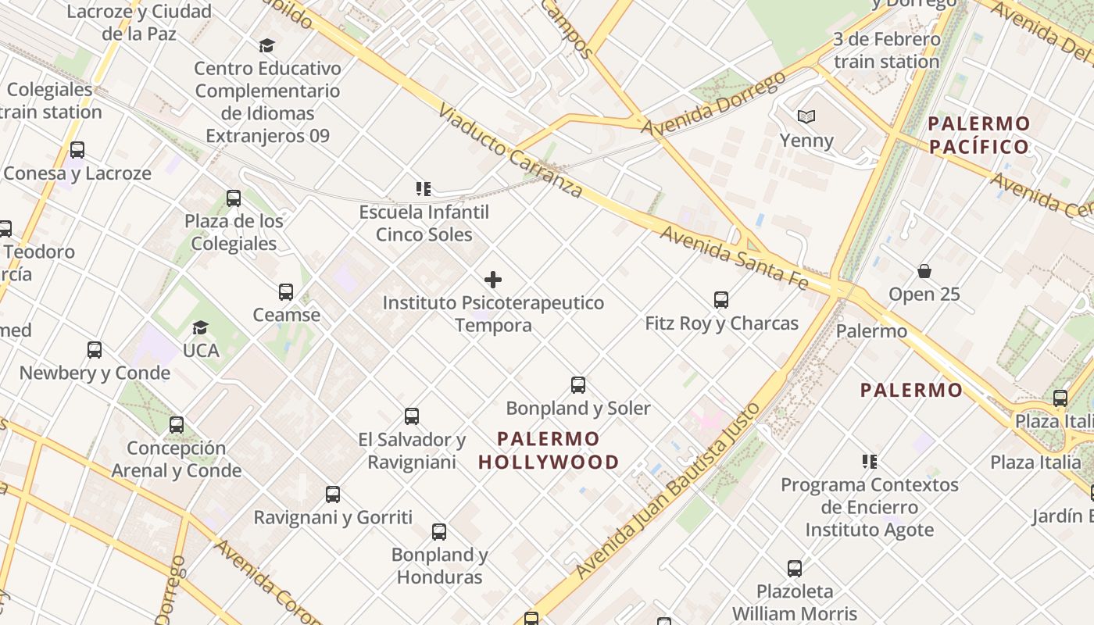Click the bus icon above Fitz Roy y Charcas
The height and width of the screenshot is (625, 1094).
coord(720,299)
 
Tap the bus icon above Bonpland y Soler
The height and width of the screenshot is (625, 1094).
coord(577,384)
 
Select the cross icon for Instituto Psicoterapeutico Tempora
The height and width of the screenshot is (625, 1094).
coord(493,279)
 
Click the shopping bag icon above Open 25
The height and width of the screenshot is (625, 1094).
coord(924,271)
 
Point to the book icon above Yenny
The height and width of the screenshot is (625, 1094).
coord(806,117)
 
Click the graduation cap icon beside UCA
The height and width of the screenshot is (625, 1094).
coord(201,327)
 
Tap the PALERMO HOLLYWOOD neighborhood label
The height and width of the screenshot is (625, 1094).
coord(549,451)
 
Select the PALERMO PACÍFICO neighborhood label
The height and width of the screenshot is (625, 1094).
coord(978,135)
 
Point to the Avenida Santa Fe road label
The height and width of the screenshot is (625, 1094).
coord(734,257)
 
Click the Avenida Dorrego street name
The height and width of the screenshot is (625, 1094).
coord(713,103)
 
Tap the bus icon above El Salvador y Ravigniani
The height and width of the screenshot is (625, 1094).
coord(412,416)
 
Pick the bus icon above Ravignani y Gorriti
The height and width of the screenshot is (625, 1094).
coord(333,494)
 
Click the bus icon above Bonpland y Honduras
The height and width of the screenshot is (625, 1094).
coord(439,532)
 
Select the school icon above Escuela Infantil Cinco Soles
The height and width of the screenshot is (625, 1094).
coord(424,188)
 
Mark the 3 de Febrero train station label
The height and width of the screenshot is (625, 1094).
coord(886,50)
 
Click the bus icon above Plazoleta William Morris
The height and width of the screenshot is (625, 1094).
coord(795,568)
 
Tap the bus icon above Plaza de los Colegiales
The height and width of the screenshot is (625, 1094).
coord(234,198)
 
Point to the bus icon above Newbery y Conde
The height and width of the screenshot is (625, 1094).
coord(95,349)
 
